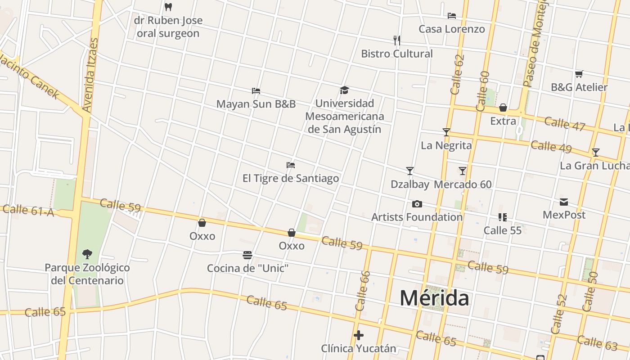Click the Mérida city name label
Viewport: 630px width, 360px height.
(x=435, y=298)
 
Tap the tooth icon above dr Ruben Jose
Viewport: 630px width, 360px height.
(x=168, y=7)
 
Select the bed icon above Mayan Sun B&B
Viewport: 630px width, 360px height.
(x=256, y=90)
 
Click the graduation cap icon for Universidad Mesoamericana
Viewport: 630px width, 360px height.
(x=344, y=90)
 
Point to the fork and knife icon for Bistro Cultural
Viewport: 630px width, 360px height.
(x=397, y=40)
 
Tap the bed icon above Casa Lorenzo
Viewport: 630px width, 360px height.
(x=452, y=16)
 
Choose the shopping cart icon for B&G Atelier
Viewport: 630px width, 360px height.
(x=579, y=74)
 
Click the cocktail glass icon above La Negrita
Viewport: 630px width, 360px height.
(x=446, y=132)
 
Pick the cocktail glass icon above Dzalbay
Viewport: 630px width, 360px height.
(x=410, y=171)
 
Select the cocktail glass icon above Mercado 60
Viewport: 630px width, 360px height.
(x=463, y=171)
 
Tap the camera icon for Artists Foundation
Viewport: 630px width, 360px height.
(x=417, y=204)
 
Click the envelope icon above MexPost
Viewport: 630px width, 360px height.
(x=564, y=202)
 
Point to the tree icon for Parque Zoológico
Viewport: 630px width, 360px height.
(x=87, y=254)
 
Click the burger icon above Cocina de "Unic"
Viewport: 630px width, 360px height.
(x=247, y=255)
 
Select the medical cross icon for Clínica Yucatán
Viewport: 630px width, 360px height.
(x=359, y=335)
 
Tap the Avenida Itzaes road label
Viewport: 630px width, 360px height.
(x=90, y=75)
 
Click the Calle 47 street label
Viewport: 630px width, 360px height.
(x=564, y=123)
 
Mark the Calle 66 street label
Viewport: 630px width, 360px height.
(x=363, y=291)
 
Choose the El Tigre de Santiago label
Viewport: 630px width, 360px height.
(x=291, y=178)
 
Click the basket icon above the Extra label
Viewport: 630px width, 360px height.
(x=503, y=108)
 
